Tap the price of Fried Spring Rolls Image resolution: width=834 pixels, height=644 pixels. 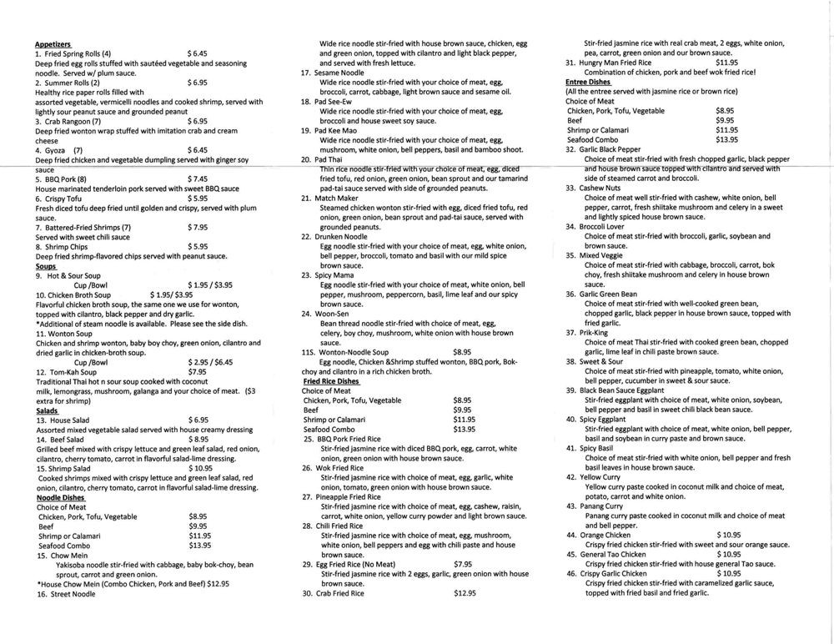click(198, 53)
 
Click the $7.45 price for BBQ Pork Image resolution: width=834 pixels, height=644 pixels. click(198, 179)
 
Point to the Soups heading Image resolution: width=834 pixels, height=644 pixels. click(47, 265)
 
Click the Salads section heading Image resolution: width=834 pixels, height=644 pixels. click(48, 410)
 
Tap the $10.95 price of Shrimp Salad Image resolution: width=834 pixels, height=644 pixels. click(201, 468)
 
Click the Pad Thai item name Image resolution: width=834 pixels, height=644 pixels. click(330, 159)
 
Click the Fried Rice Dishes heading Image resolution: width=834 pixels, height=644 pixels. click(331, 380)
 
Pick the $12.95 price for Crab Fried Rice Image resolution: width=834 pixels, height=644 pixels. click(465, 593)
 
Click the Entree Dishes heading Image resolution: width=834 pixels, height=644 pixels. click(589, 81)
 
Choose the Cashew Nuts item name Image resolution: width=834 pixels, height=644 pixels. click(602, 188)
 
